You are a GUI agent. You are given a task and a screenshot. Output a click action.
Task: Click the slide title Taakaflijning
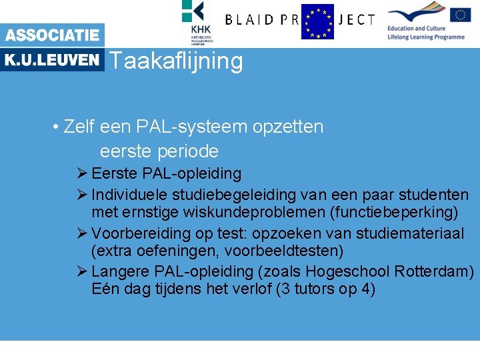tap(175, 61)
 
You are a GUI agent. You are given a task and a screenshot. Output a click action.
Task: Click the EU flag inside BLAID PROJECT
tap(317, 21)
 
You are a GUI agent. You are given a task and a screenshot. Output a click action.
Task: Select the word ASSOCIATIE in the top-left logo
tap(52, 35)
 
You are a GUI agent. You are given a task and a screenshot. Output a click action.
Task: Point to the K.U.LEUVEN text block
tap(52, 60)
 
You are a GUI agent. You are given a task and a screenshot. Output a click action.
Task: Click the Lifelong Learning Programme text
tap(425, 37)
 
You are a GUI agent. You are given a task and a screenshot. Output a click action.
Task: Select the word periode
tap(190, 151)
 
